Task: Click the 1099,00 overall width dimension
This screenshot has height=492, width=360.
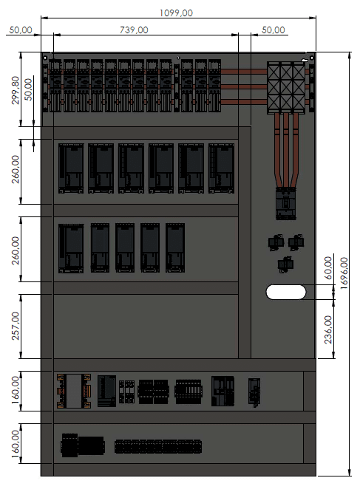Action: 176,13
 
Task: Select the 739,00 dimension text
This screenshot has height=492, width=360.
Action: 134,30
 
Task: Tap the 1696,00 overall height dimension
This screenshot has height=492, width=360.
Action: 344,273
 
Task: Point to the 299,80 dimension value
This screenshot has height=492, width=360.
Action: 15,90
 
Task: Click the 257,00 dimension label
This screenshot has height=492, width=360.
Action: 15,326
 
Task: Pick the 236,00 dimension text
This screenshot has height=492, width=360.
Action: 328,329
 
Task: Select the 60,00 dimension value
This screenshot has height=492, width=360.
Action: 328,268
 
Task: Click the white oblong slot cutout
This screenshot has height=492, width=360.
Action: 286,292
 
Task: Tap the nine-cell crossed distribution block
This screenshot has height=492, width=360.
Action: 286,88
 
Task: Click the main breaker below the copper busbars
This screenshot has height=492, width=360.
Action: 285,204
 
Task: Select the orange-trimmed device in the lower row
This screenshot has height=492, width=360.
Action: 74,391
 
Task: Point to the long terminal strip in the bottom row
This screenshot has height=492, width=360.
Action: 158,446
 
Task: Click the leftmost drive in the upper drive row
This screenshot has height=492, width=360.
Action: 71,168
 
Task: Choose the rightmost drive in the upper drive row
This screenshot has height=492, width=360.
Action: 221,168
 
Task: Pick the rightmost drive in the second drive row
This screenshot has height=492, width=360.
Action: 175,248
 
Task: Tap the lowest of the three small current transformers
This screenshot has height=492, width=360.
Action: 285,264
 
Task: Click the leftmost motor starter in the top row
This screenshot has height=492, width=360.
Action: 55,86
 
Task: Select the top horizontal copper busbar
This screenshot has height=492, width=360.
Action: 244,72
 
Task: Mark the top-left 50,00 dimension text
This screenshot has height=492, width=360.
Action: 21,30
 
